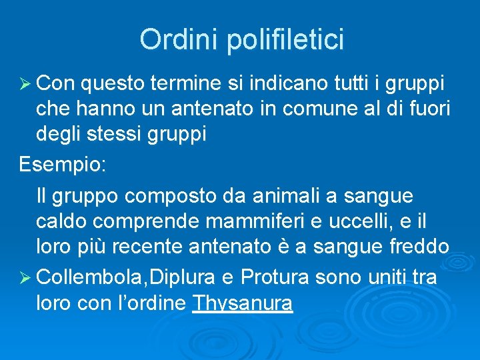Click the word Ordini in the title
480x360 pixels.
tap(179, 40)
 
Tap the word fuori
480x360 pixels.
tap(427, 109)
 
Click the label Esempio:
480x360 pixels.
tap(62, 164)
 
